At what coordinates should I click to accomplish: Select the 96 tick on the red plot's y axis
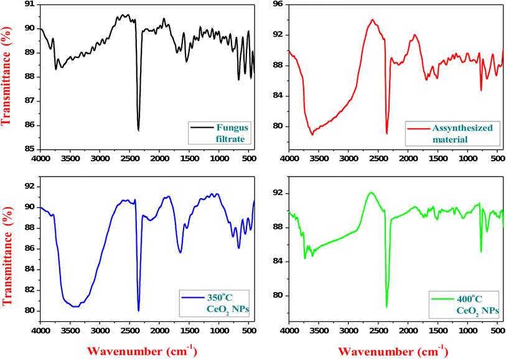(278, 4)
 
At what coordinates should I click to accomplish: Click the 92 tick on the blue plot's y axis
(30, 186)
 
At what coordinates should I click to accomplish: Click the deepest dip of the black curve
(138, 130)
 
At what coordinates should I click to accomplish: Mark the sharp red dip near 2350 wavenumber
(387, 133)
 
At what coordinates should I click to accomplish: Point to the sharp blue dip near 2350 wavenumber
(138, 310)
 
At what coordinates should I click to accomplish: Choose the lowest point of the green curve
(387, 306)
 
